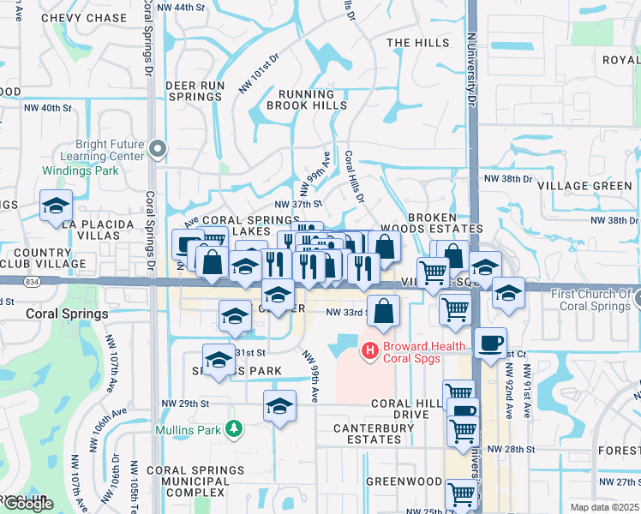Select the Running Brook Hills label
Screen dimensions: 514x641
tap(300, 99)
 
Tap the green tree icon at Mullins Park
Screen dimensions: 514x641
tap(231, 428)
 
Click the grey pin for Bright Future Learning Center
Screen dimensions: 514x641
tap(157, 150)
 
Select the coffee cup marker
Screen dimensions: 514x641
tap(489, 343)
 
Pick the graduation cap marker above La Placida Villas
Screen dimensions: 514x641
tap(56, 206)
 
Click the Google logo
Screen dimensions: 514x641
tap(27, 504)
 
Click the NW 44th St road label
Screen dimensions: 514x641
tap(185, 7)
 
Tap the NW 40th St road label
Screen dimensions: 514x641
tap(45, 107)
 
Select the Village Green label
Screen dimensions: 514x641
tap(598, 186)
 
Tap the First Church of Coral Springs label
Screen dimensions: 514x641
tap(591, 300)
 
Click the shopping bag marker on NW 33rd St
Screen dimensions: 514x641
tap(383, 310)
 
